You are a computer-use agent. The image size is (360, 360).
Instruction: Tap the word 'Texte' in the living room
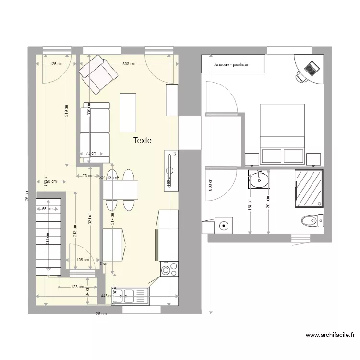tap(143, 141)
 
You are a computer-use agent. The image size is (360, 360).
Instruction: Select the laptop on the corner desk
tap(312, 68)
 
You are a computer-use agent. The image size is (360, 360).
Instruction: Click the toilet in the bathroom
tap(313, 221)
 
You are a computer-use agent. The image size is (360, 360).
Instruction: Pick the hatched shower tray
tap(309, 188)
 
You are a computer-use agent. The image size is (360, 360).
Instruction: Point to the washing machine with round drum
tap(223, 225)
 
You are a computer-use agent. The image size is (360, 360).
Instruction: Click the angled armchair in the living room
tap(98, 74)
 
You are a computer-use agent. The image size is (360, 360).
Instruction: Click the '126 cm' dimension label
tap(57, 64)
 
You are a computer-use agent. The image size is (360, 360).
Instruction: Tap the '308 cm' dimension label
tap(128, 64)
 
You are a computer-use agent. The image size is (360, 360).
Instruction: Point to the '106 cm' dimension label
tap(83, 260)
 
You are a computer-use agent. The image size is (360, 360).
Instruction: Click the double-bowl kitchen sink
tap(130, 294)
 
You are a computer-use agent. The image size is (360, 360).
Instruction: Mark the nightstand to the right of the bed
tap(313, 159)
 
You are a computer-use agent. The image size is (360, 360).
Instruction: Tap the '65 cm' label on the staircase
tap(47, 209)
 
